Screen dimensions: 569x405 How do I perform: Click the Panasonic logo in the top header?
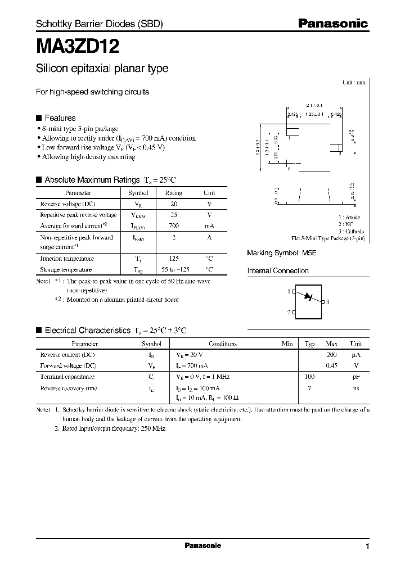[x=332, y=24]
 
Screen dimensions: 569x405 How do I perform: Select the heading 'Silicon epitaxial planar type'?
[x=102, y=69]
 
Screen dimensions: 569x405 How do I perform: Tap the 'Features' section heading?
[x=60, y=118]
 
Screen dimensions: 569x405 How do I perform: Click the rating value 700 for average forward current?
[x=173, y=225]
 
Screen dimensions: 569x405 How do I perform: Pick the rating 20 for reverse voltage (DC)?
[x=173, y=204]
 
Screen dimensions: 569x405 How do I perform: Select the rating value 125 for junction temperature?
[x=173, y=259]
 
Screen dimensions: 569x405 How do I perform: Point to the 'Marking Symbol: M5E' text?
[x=282, y=254]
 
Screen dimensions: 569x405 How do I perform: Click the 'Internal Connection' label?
[x=278, y=271]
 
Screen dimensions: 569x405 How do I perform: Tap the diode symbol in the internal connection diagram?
[x=307, y=297]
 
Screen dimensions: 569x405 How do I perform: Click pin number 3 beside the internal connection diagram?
[x=327, y=302]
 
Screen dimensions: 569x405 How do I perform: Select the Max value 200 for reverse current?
[x=331, y=355]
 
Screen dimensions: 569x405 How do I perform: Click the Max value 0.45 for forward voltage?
[x=331, y=366]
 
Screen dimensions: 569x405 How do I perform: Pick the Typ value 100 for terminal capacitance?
[x=309, y=377]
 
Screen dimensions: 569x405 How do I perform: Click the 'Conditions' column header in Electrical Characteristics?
[x=223, y=344]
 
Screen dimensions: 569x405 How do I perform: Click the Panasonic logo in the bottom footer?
[x=202, y=546]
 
